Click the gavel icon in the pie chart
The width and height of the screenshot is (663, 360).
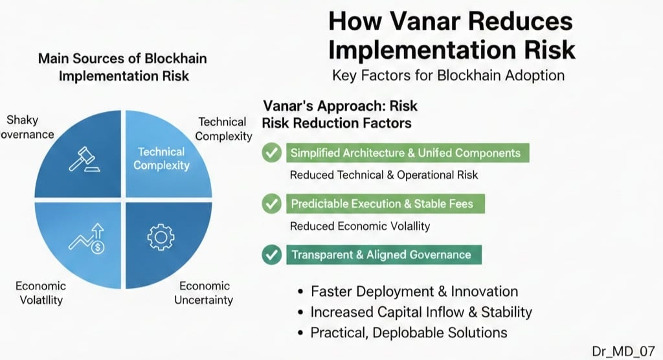click(85, 159)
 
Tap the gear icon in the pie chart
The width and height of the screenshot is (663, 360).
click(161, 238)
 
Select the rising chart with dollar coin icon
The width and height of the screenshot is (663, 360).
click(87, 238)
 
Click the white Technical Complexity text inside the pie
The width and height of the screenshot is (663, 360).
click(161, 158)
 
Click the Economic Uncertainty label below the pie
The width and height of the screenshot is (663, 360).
click(204, 293)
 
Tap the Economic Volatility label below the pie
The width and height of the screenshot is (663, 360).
click(41, 293)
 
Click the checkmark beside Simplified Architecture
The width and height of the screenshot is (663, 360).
click(271, 152)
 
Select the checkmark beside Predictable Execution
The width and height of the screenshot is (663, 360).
click(271, 203)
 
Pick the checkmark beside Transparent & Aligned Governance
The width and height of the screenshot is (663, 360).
click(271, 254)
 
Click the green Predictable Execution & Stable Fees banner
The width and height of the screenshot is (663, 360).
click(386, 204)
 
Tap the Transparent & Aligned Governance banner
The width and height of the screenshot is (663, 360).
click(384, 254)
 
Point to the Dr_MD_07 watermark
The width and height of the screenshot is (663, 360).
click(624, 351)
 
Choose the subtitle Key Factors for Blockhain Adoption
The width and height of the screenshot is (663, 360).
click(448, 75)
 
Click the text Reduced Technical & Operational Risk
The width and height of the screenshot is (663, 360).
click(384, 175)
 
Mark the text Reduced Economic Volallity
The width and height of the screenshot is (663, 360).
click(360, 226)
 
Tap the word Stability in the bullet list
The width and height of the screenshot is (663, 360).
click(506, 312)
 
